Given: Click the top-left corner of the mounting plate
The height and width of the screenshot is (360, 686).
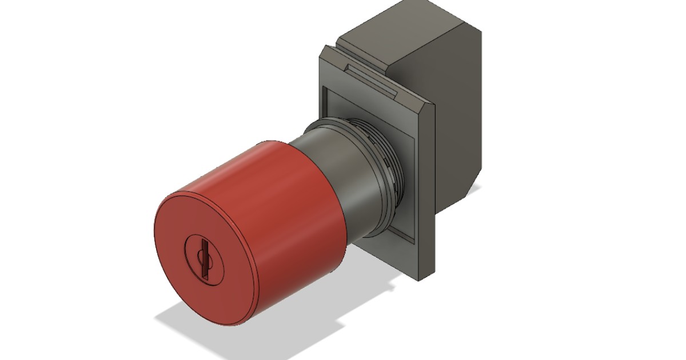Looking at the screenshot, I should (x=324, y=49).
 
